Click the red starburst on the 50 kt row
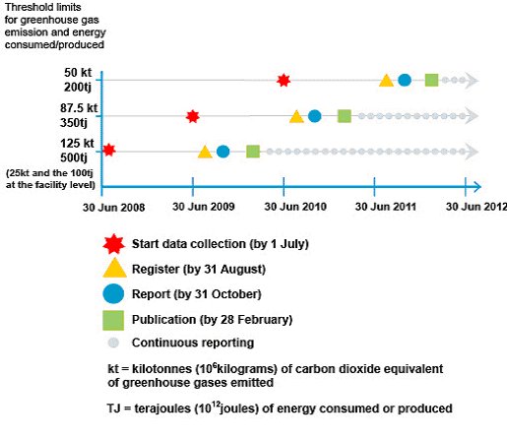(284, 80)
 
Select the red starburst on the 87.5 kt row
(193, 116)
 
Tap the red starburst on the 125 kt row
(108, 151)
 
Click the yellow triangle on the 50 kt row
(387, 80)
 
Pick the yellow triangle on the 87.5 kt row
(296, 116)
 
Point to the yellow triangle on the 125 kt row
(205, 152)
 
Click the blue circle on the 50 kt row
(405, 80)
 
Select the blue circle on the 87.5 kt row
(314, 116)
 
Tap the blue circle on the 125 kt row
(222, 152)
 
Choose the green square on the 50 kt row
(431, 80)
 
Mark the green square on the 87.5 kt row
(345, 116)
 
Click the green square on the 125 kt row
(253, 152)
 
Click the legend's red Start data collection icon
(114, 243)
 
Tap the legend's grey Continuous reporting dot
(114, 343)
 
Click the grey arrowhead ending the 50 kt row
(474, 80)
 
